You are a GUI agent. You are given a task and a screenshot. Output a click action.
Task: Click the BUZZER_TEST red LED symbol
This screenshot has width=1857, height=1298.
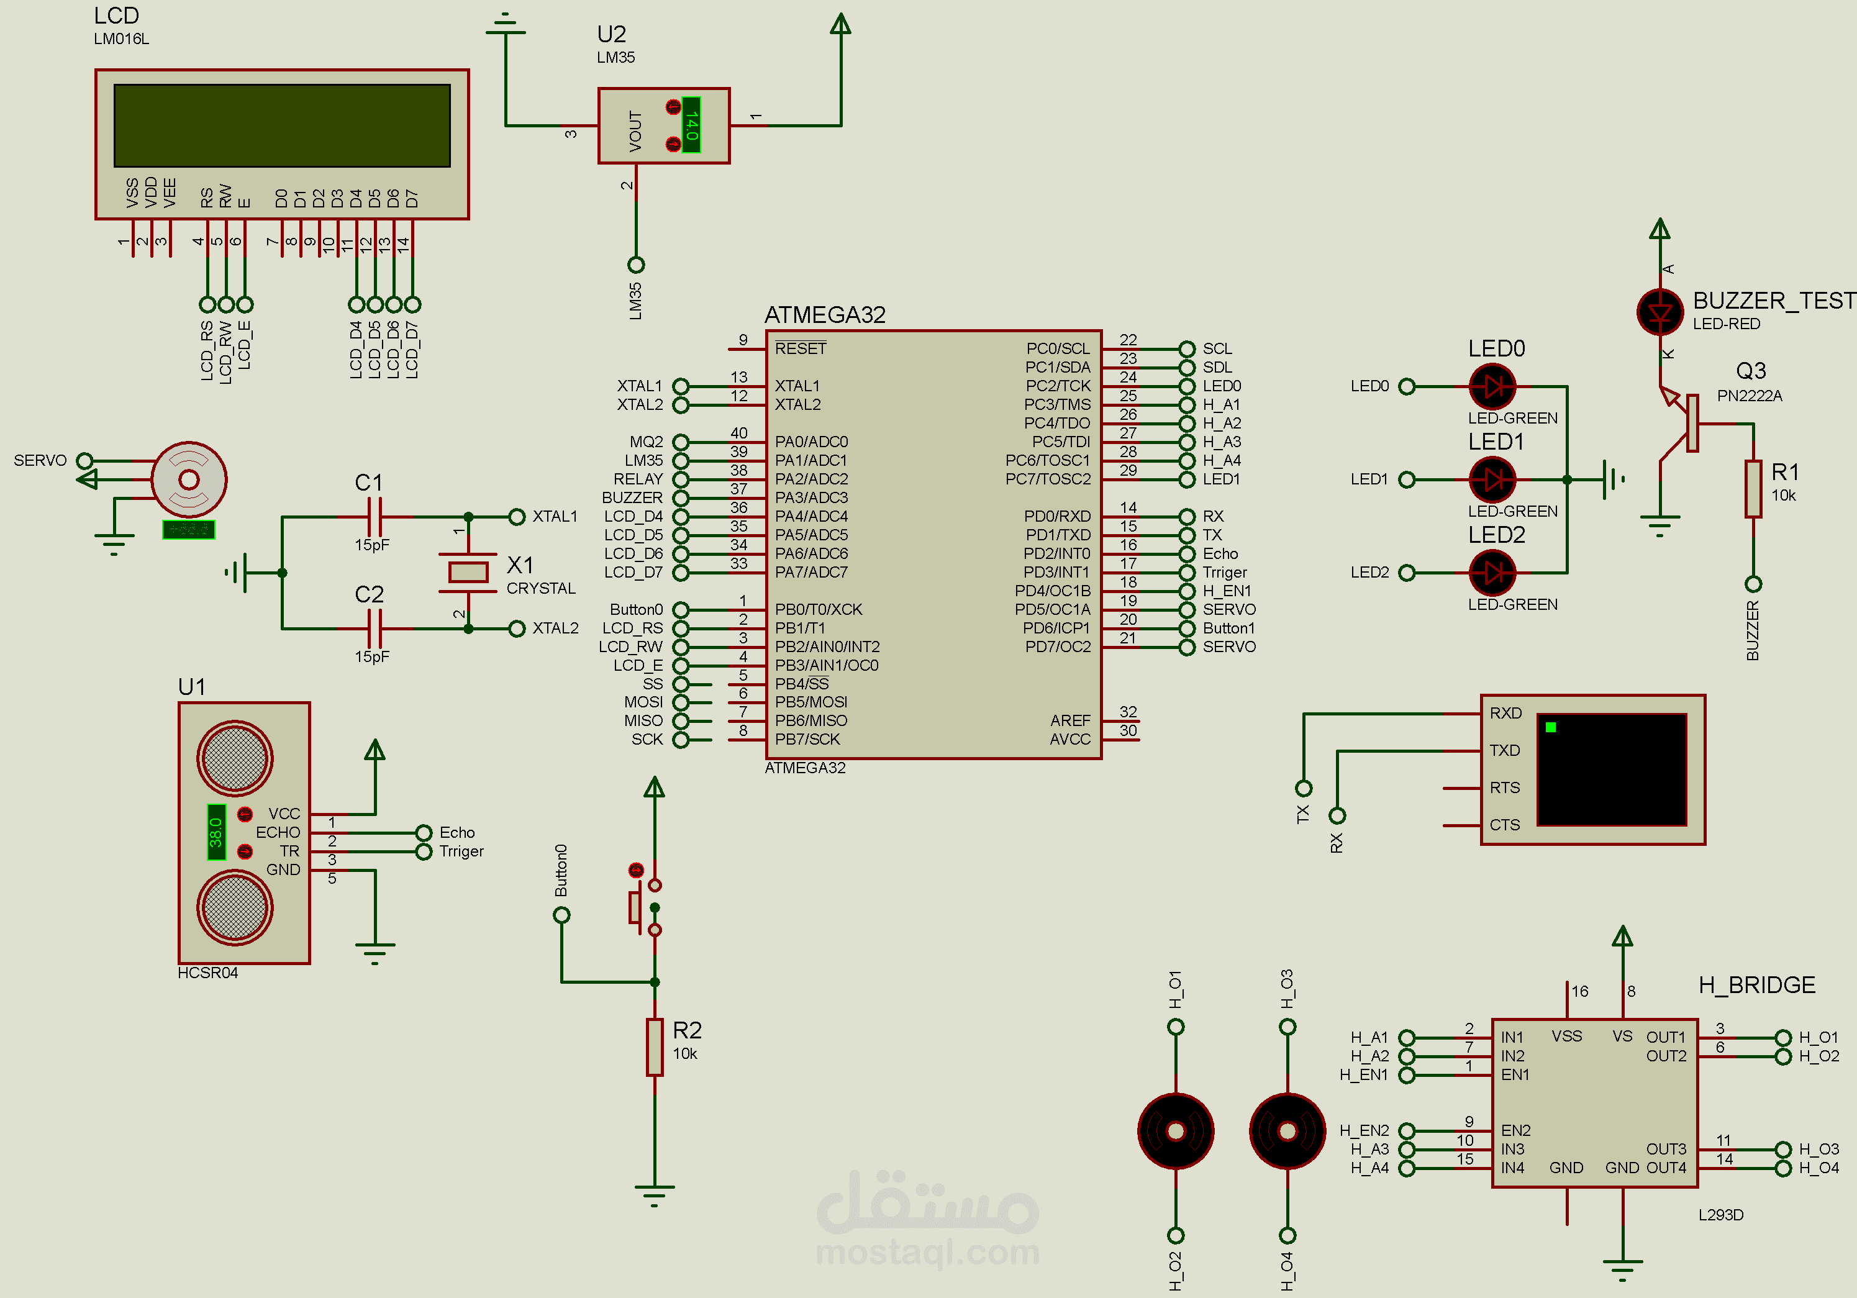(x=1659, y=312)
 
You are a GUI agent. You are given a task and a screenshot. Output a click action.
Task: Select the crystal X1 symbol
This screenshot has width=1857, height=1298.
(x=468, y=573)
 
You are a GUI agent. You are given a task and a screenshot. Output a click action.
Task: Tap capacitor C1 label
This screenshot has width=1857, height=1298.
(x=369, y=483)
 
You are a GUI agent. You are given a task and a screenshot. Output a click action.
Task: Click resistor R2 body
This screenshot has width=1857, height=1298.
(x=655, y=1046)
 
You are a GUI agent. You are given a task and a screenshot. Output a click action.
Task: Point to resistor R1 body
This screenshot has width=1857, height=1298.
(x=1753, y=489)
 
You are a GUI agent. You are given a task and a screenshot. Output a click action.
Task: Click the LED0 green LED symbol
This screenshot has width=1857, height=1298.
(x=1492, y=386)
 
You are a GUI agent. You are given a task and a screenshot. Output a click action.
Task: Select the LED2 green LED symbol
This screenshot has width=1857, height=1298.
(x=1492, y=573)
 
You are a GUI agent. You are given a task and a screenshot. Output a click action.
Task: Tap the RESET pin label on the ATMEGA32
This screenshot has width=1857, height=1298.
(x=800, y=348)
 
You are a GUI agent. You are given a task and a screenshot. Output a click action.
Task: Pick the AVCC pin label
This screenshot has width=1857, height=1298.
(x=1069, y=739)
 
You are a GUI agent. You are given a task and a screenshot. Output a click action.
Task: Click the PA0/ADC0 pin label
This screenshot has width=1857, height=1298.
(x=811, y=442)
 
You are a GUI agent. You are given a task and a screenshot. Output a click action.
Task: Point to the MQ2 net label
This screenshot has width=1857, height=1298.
(x=647, y=442)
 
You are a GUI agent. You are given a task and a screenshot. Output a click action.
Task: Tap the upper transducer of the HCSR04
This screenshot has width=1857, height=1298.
(x=235, y=758)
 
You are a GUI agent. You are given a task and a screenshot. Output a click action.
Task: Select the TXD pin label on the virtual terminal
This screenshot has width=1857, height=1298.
(x=1504, y=750)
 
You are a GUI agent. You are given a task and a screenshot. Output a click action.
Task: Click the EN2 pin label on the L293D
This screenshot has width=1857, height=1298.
(x=1515, y=1130)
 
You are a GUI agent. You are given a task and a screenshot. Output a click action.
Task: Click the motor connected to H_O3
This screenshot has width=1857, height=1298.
(x=1287, y=1130)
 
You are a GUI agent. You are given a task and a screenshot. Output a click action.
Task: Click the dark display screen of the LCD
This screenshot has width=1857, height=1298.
(x=281, y=125)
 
